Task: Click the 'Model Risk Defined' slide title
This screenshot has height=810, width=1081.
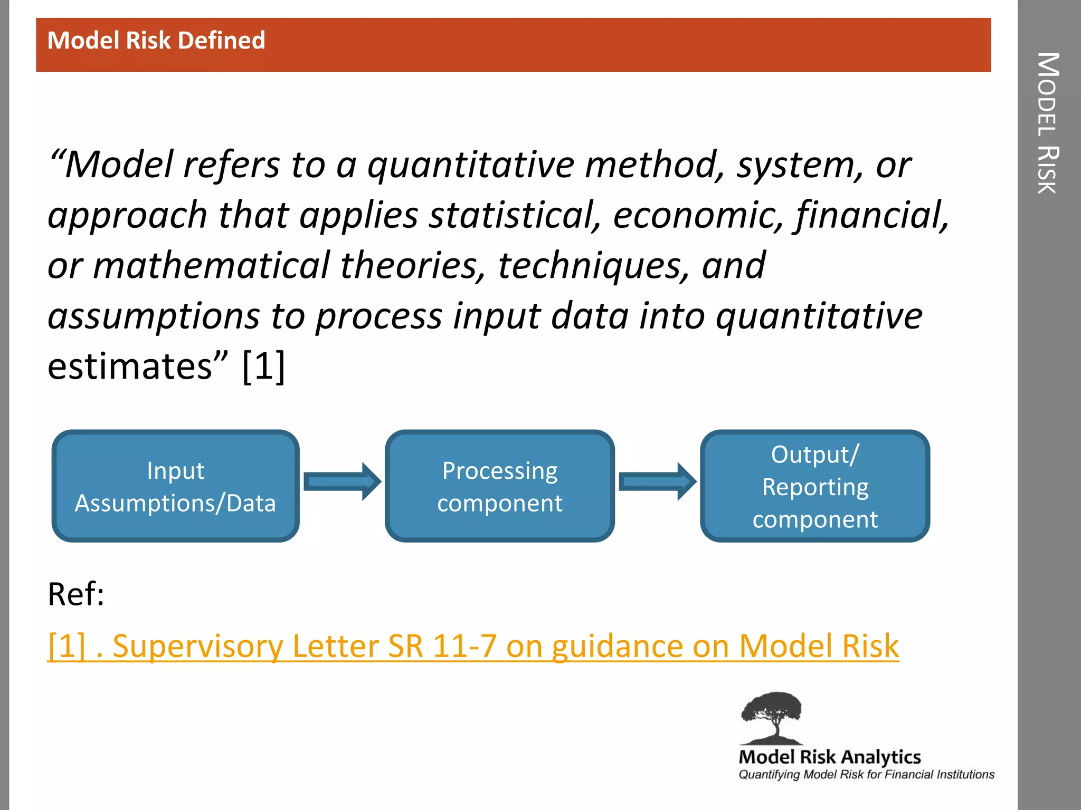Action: (x=156, y=41)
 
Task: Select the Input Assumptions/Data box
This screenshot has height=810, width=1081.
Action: (x=175, y=486)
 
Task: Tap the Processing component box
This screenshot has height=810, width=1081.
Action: (x=499, y=486)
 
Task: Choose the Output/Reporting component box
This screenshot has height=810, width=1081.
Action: (x=814, y=486)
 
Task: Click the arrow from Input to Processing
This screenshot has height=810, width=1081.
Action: (x=342, y=481)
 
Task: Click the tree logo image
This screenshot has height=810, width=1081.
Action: (x=772, y=717)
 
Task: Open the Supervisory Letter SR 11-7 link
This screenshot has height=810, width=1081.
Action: (x=473, y=646)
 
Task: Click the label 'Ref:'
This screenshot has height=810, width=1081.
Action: (x=76, y=594)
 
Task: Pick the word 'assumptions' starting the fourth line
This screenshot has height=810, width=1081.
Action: (x=154, y=316)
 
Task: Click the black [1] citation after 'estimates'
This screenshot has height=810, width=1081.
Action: (x=263, y=367)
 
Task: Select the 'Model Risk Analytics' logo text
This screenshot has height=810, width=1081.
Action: (x=829, y=757)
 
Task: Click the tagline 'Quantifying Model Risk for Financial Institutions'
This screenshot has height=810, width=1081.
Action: (x=866, y=775)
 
